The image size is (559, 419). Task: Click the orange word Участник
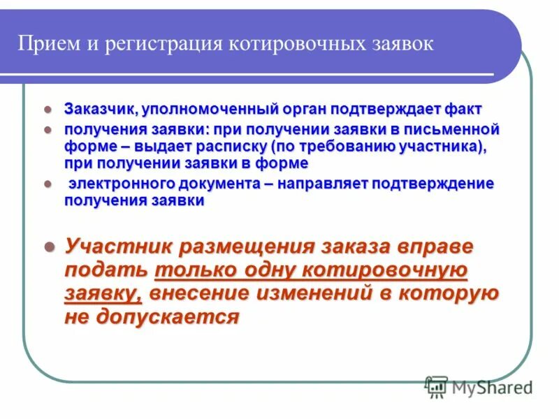(118, 247)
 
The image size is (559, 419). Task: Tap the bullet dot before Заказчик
(48, 110)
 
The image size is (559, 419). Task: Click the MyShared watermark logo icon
(437, 386)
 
